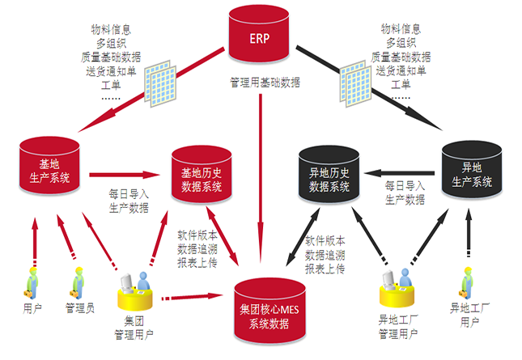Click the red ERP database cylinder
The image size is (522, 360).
259,37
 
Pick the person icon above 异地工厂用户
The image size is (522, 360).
465,281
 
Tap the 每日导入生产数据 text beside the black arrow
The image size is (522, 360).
405,193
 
